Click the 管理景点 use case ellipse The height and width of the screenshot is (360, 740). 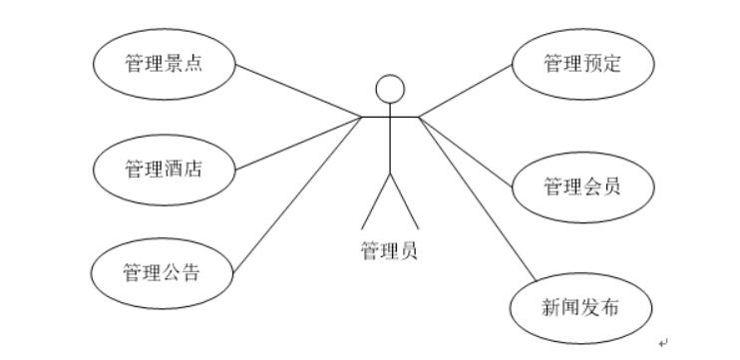click(165, 65)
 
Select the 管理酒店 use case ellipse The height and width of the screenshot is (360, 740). click(165, 169)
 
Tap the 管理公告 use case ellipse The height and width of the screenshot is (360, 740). click(163, 271)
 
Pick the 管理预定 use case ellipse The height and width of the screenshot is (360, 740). click(583, 65)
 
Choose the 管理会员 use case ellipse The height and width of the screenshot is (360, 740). click(583, 185)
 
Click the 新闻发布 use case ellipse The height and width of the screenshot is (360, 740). click(581, 307)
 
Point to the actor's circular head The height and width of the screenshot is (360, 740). click(389, 89)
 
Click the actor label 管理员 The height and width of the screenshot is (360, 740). click(389, 249)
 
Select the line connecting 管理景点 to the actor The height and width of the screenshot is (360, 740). click(299, 91)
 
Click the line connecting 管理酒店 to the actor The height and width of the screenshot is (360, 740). click(299, 143)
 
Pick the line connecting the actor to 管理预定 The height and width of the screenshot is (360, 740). click(466, 91)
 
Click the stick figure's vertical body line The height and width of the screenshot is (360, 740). click(390, 145)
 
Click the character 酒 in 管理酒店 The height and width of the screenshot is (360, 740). click(173, 169)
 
